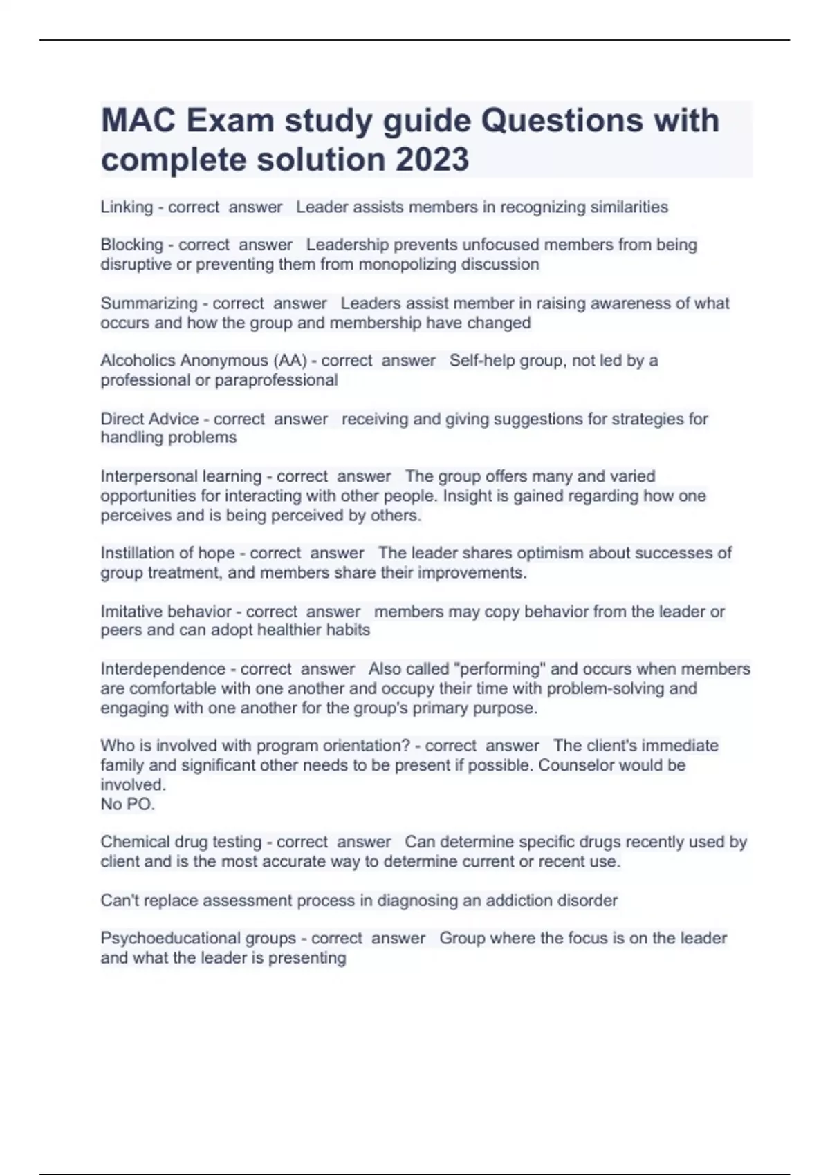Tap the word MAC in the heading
138,120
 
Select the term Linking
127,207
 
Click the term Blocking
131,245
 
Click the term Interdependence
163,669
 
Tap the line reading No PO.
127,804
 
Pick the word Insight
468,496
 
